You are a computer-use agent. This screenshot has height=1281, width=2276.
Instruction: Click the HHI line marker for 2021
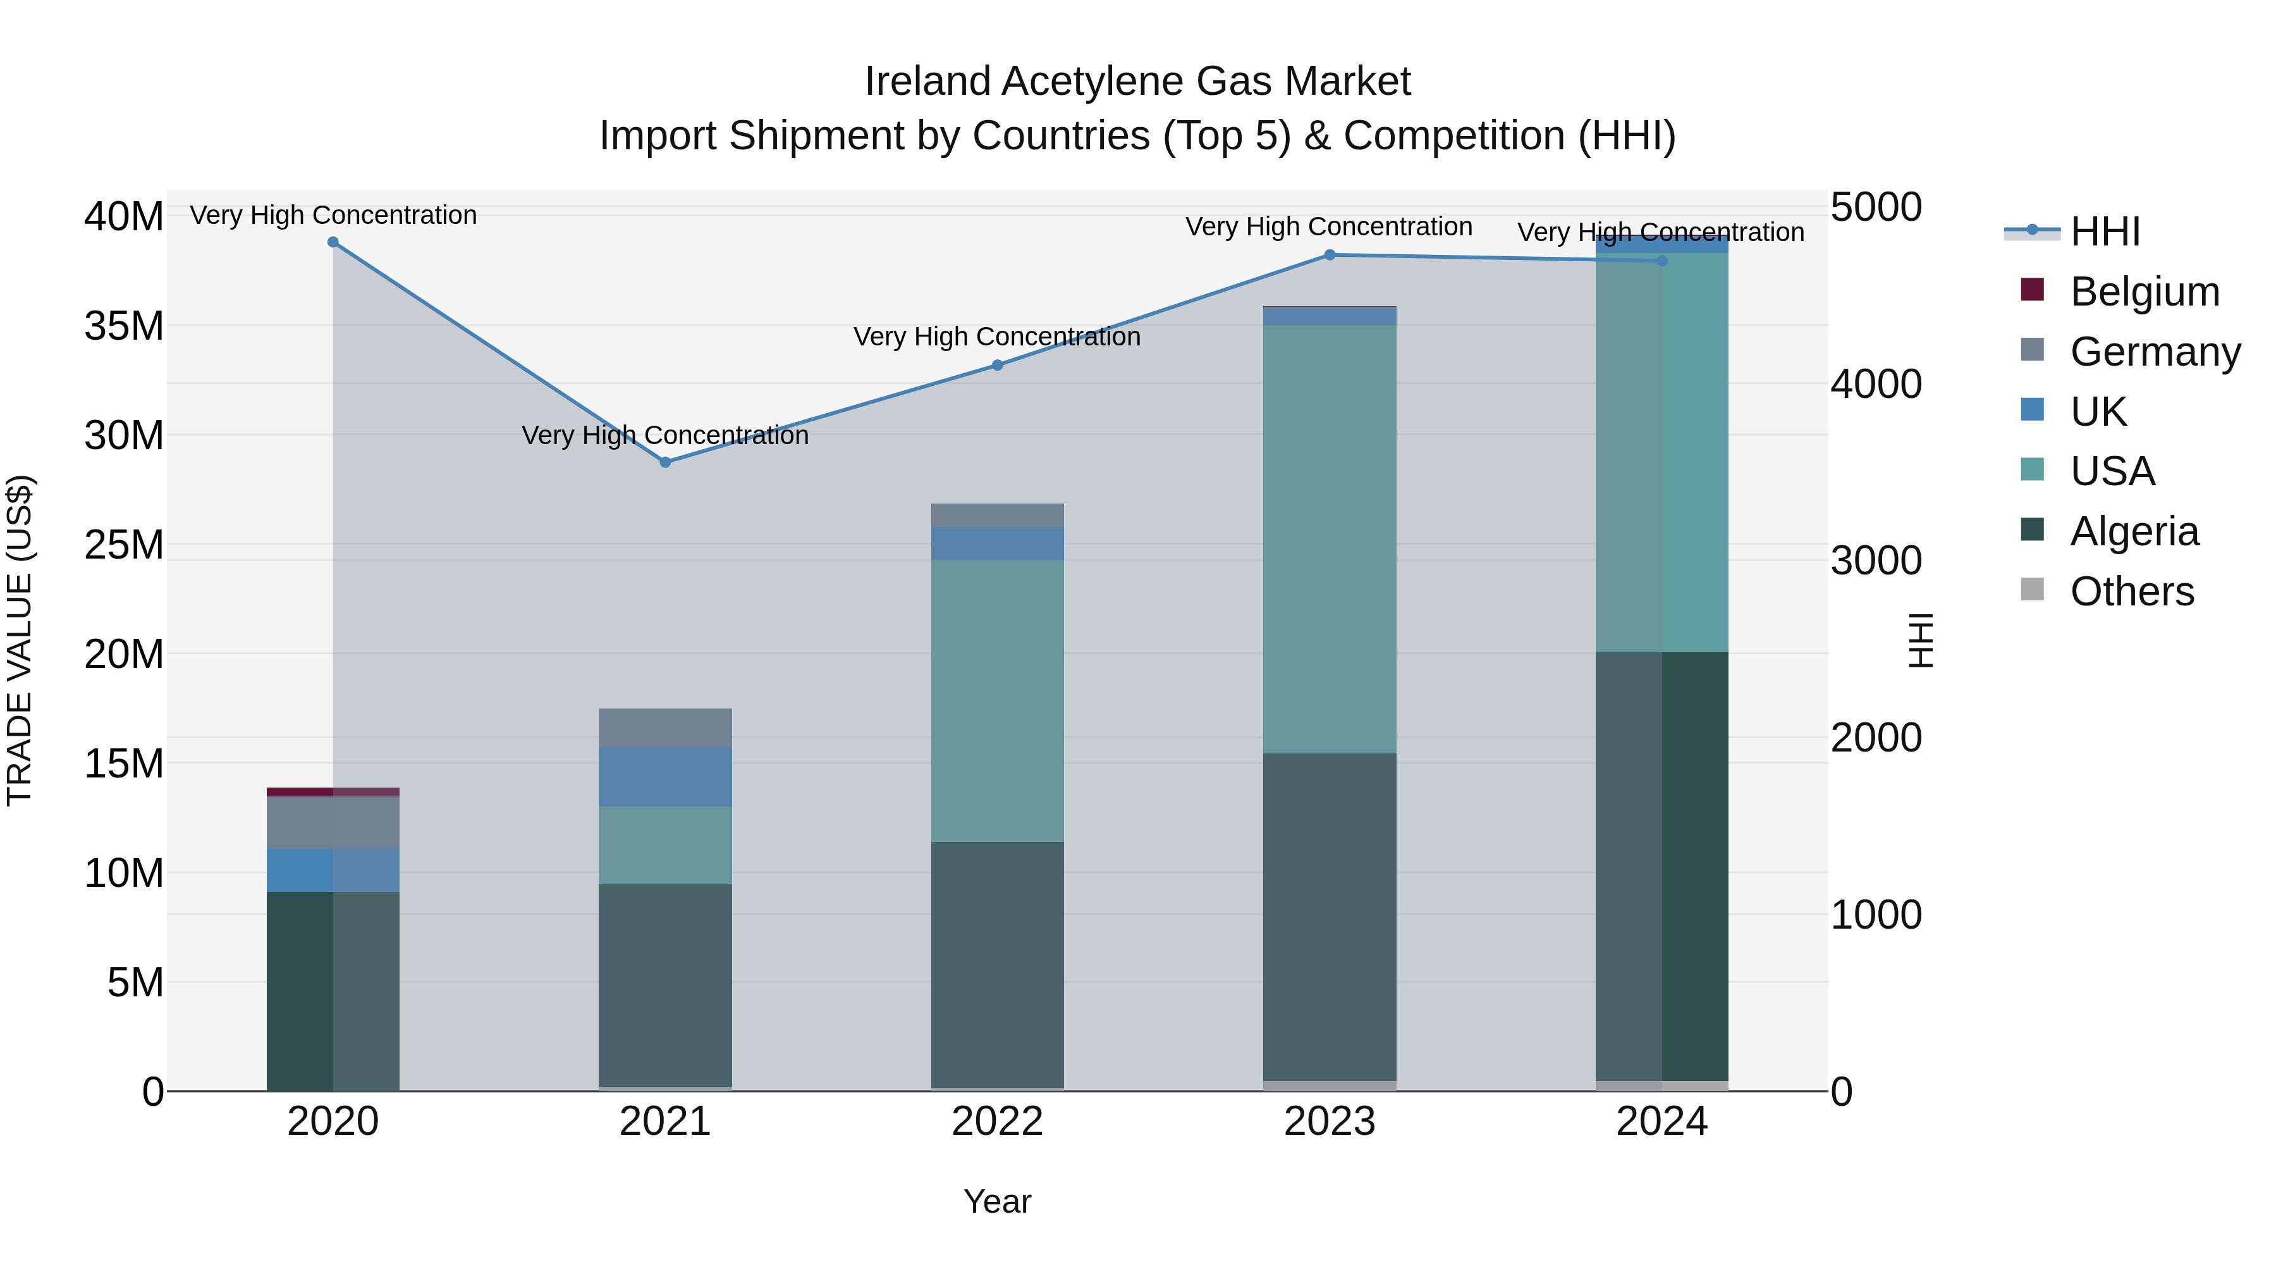click(x=665, y=462)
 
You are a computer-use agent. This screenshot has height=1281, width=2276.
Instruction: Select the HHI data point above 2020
click(x=333, y=242)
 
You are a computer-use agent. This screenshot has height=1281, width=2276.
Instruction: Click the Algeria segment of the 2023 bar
click(x=1329, y=917)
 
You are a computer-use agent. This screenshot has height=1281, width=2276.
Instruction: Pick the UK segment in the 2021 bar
click(x=665, y=776)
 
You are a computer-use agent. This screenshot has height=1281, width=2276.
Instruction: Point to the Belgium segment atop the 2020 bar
click(x=333, y=792)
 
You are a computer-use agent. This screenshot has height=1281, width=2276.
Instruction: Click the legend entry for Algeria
click(x=2133, y=531)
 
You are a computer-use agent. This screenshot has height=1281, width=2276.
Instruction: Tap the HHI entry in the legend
click(x=2105, y=232)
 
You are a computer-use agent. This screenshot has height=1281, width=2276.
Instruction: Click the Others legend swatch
click(x=2032, y=590)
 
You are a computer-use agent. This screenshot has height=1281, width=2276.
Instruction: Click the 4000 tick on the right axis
click(x=1876, y=385)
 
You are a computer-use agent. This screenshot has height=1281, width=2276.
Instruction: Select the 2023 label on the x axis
click(x=1329, y=1122)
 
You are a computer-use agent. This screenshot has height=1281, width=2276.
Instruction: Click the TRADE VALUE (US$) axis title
click(x=20, y=640)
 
